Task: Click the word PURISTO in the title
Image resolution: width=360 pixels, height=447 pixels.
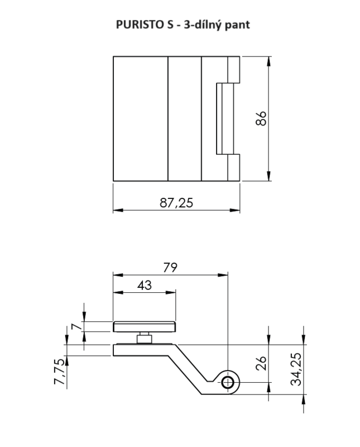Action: tap(140, 25)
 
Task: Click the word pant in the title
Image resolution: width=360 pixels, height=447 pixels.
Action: tap(237, 25)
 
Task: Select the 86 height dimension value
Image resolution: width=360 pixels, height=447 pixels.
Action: tap(261, 118)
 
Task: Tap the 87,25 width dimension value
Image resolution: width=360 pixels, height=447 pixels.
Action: tap(176, 203)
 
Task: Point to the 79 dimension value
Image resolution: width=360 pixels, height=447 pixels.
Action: tap(170, 268)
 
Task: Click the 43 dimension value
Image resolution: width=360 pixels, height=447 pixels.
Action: tap(145, 285)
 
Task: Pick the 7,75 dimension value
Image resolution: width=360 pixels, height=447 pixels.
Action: tap(60, 372)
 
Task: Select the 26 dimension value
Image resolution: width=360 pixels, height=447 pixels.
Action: tap(261, 363)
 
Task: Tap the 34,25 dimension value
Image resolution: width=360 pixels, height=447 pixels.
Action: tap(296, 369)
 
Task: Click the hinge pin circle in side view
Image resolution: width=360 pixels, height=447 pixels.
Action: tap(228, 382)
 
